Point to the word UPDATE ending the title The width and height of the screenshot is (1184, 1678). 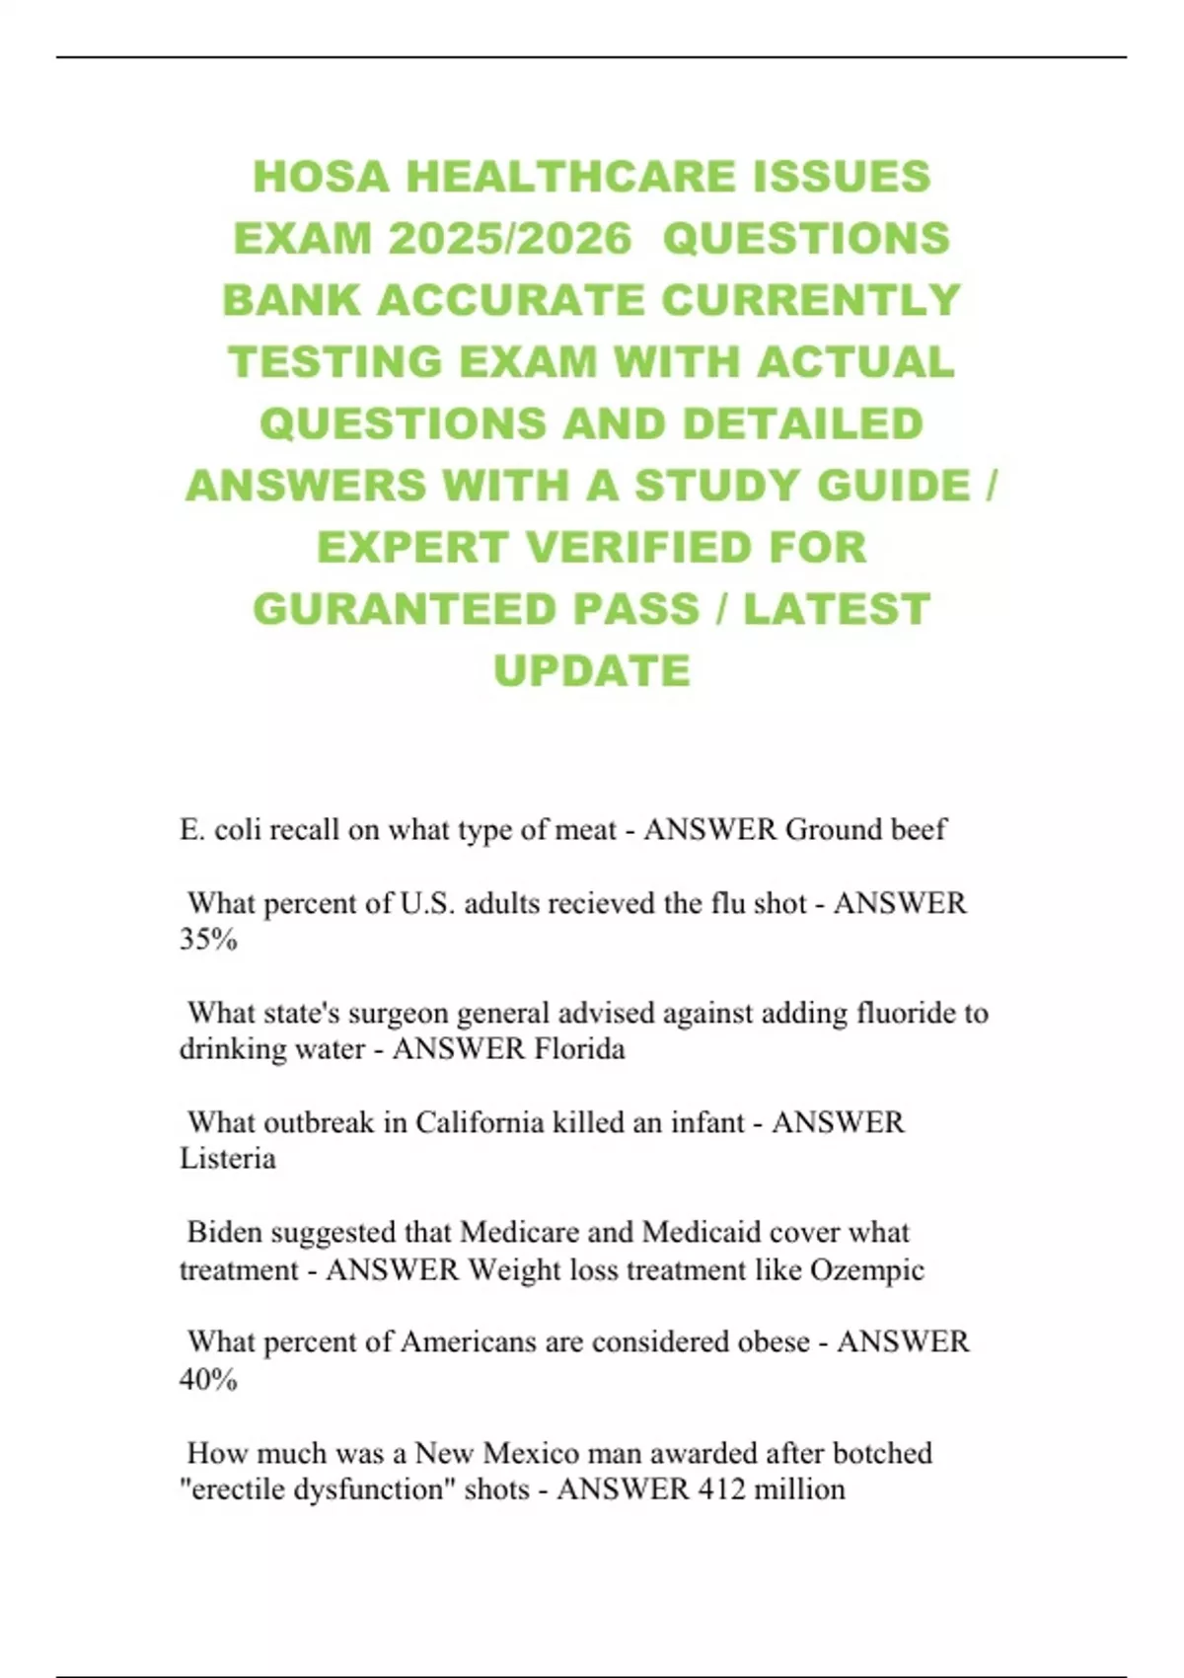[x=592, y=671]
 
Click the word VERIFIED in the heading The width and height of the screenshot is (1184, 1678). [x=635, y=548]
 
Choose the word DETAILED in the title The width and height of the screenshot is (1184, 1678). [x=802, y=424]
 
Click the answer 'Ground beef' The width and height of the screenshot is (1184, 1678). [x=865, y=829]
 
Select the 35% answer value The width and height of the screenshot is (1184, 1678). [x=208, y=939]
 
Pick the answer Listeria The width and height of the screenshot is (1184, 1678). [x=227, y=1158]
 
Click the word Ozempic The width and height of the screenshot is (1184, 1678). [x=866, y=1269]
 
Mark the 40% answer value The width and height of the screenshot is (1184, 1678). [x=208, y=1379]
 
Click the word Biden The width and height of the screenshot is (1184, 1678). [x=224, y=1232]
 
